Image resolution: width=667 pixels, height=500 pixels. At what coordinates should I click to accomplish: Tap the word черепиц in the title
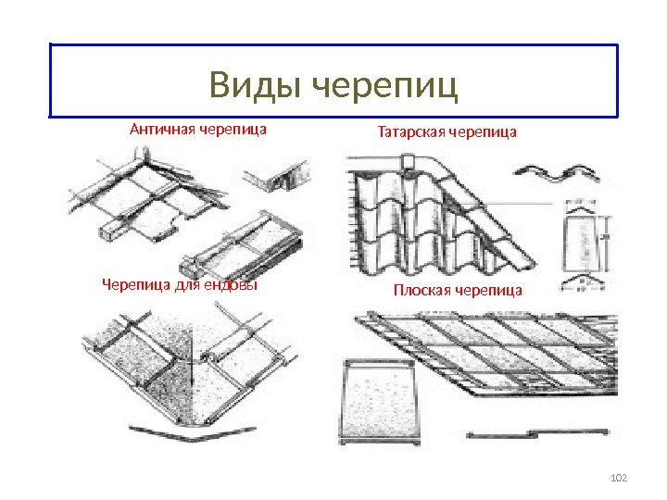click(x=387, y=87)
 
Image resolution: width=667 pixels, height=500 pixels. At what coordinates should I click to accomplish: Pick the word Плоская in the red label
click(x=422, y=291)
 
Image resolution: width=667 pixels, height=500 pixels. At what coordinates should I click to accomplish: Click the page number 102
click(x=620, y=477)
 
